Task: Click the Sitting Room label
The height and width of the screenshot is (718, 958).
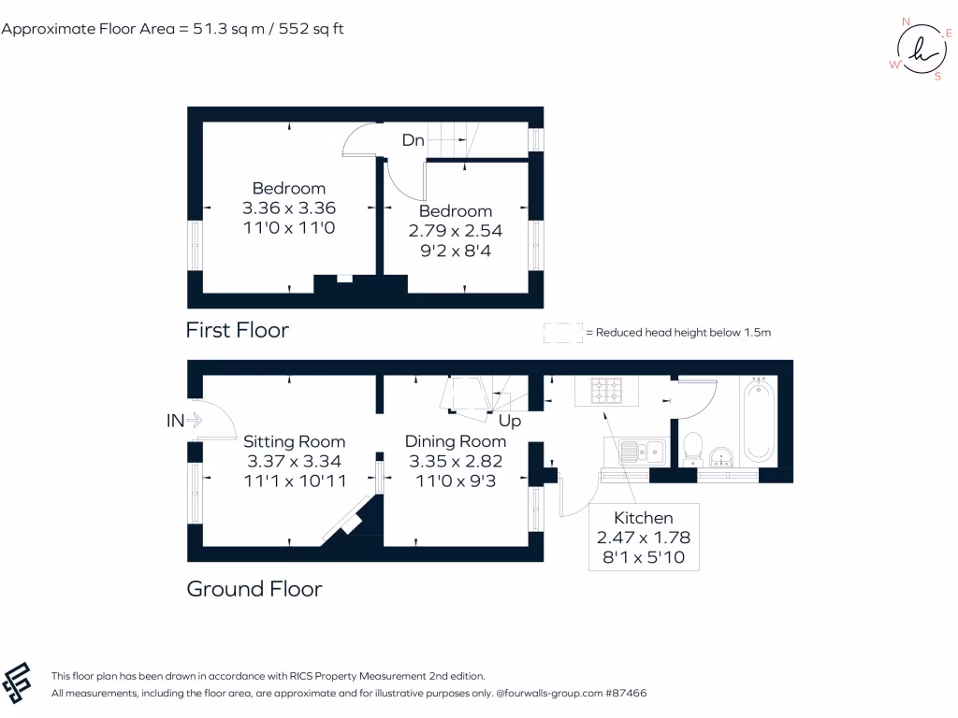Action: (294, 441)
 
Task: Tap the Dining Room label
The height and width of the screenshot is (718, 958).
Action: (455, 441)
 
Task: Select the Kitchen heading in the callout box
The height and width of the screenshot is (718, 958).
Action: (643, 518)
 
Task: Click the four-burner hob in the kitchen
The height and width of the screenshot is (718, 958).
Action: (604, 390)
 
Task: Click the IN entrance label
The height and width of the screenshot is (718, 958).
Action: (175, 421)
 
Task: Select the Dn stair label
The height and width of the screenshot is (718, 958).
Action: (413, 140)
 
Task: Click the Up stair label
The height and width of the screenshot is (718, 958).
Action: (509, 421)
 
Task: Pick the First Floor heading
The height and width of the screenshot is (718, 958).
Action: (237, 330)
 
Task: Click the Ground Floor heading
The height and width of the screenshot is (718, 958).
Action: (254, 589)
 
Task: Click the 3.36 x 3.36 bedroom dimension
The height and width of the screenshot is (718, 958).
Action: (289, 208)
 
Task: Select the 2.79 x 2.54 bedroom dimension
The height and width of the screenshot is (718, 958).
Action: (455, 230)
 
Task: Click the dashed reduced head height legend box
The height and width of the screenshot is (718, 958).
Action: (562, 333)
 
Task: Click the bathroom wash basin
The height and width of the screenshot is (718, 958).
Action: (720, 456)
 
